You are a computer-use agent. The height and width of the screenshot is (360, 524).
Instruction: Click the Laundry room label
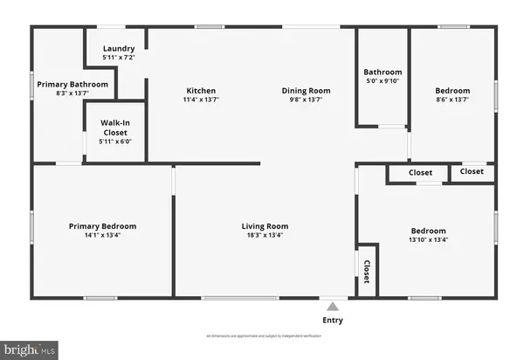click(x=119, y=48)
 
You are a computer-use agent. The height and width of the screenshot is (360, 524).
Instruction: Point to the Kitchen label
click(x=201, y=91)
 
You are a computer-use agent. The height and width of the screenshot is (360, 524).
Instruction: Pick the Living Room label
click(x=265, y=226)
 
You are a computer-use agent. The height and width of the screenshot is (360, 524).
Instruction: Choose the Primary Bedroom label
click(x=102, y=226)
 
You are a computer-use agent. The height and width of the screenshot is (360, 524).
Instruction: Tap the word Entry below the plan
click(x=333, y=321)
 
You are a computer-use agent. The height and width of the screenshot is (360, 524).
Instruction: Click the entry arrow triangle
click(x=331, y=306)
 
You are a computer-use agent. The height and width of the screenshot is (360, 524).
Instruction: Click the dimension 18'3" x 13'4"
click(x=265, y=235)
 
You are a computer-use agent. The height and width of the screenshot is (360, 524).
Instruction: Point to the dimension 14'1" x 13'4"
click(x=102, y=235)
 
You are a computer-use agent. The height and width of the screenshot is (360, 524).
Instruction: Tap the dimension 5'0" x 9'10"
click(x=383, y=81)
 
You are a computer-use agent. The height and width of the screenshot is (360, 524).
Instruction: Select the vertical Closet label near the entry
click(x=367, y=271)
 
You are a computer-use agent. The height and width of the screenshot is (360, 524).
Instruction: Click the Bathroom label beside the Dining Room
click(x=383, y=73)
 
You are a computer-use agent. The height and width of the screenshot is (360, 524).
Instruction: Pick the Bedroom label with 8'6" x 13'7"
click(x=452, y=91)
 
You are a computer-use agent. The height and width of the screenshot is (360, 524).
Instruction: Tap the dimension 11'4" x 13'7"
click(x=201, y=100)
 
